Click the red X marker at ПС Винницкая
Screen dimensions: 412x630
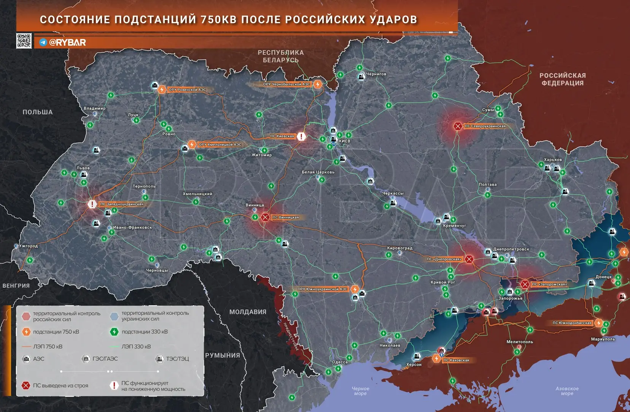pyautogui.click(x=265, y=217)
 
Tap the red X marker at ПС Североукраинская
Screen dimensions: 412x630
pyautogui.click(x=458, y=126)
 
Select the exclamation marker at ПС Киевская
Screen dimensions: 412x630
pyautogui.click(x=301, y=136)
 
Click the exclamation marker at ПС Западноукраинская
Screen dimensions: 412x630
pyautogui.click(x=92, y=204)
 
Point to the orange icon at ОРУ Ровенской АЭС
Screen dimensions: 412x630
pyautogui.click(x=162, y=90)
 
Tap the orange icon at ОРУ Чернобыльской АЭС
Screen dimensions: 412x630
pyautogui.click(x=318, y=84)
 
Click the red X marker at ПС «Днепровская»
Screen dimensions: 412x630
pyautogui.click(x=469, y=259)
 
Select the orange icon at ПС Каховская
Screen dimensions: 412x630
pyautogui.click(x=436, y=358)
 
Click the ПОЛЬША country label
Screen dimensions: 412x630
pyautogui.click(x=37, y=112)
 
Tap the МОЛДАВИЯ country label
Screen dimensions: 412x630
pyautogui.click(x=248, y=312)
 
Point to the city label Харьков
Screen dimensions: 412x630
pyautogui.click(x=552, y=160)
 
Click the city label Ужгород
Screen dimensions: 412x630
pyautogui.click(x=29, y=246)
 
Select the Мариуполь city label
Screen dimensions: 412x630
pyautogui.click(x=603, y=339)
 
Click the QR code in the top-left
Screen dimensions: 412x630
pyautogui.click(x=24, y=41)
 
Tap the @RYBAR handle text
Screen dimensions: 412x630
pyautogui.click(x=67, y=42)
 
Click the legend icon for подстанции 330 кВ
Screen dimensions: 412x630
pyautogui.click(x=114, y=332)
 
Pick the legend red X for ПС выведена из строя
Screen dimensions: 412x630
pyautogui.click(x=26, y=385)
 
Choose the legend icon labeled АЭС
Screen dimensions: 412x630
pyautogui.click(x=26, y=358)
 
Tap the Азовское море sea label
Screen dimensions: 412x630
pyautogui.click(x=567, y=391)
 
